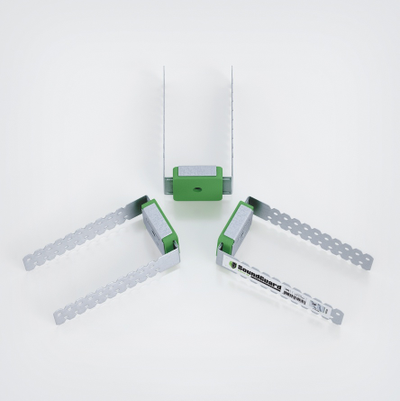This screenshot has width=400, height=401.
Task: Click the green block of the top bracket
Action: pyautogui.click(x=186, y=187)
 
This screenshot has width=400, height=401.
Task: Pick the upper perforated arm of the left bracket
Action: pyautogui.click(x=85, y=239)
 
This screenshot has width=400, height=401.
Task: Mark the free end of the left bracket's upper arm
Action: pyautogui.click(x=29, y=264)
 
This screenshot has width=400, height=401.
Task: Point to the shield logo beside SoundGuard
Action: pyautogui.click(x=234, y=265)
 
